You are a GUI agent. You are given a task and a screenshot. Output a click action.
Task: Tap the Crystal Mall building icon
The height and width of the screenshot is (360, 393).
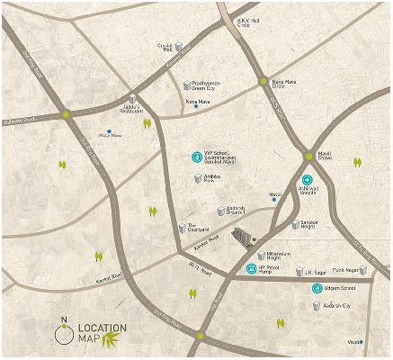coord(178,46)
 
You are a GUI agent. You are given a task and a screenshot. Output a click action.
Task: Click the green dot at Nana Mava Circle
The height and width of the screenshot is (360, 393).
coord(263,82)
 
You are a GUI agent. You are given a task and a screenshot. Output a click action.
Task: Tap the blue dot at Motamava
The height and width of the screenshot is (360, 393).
coord(109,132)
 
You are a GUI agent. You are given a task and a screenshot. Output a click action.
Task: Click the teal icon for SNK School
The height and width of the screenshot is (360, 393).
coord(198,157)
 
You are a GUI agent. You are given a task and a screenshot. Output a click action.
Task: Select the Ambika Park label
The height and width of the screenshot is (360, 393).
coord(214,180)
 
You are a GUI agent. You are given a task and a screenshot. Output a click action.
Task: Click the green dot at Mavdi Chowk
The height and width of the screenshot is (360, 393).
coord(308,156)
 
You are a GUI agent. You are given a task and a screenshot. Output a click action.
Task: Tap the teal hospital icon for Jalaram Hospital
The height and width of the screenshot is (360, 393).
coord(307,180)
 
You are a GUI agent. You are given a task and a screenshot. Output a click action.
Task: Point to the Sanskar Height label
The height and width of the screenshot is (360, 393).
coord(312,222)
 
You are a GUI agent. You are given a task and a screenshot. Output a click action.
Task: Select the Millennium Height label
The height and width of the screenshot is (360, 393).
coord(284,256)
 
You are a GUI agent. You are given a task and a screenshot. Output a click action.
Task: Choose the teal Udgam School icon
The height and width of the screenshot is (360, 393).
coord(317,288)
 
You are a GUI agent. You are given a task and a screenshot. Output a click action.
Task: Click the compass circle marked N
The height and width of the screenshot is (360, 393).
coord(63,335)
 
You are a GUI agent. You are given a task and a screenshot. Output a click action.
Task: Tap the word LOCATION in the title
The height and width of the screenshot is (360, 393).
coord(102,327)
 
